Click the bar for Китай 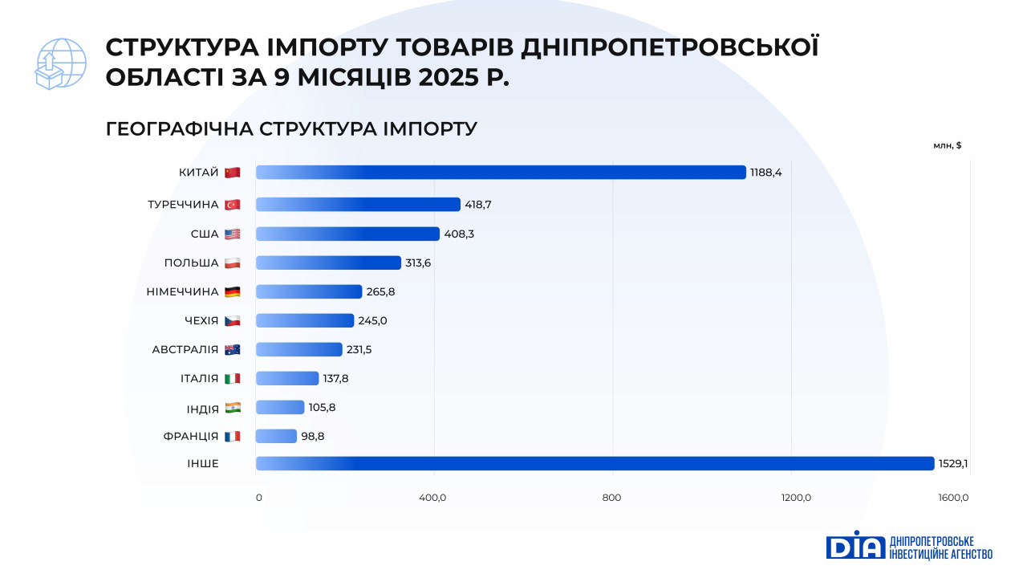(x=501, y=173)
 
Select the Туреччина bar (x=358, y=205)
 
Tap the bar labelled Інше (x=595, y=463)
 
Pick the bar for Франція (x=276, y=436)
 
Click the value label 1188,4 (x=766, y=173)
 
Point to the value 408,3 (x=460, y=234)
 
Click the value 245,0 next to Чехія (x=372, y=320)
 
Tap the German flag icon (x=232, y=291)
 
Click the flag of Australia (x=232, y=349)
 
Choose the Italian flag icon (x=232, y=378)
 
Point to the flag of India (x=232, y=408)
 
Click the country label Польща (x=191, y=263)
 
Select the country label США (x=204, y=234)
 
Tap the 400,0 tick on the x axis (x=432, y=498)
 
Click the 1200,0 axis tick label (x=796, y=498)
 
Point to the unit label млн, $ (x=947, y=145)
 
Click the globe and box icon (x=60, y=63)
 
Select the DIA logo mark (x=854, y=545)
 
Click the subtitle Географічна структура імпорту (x=291, y=128)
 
